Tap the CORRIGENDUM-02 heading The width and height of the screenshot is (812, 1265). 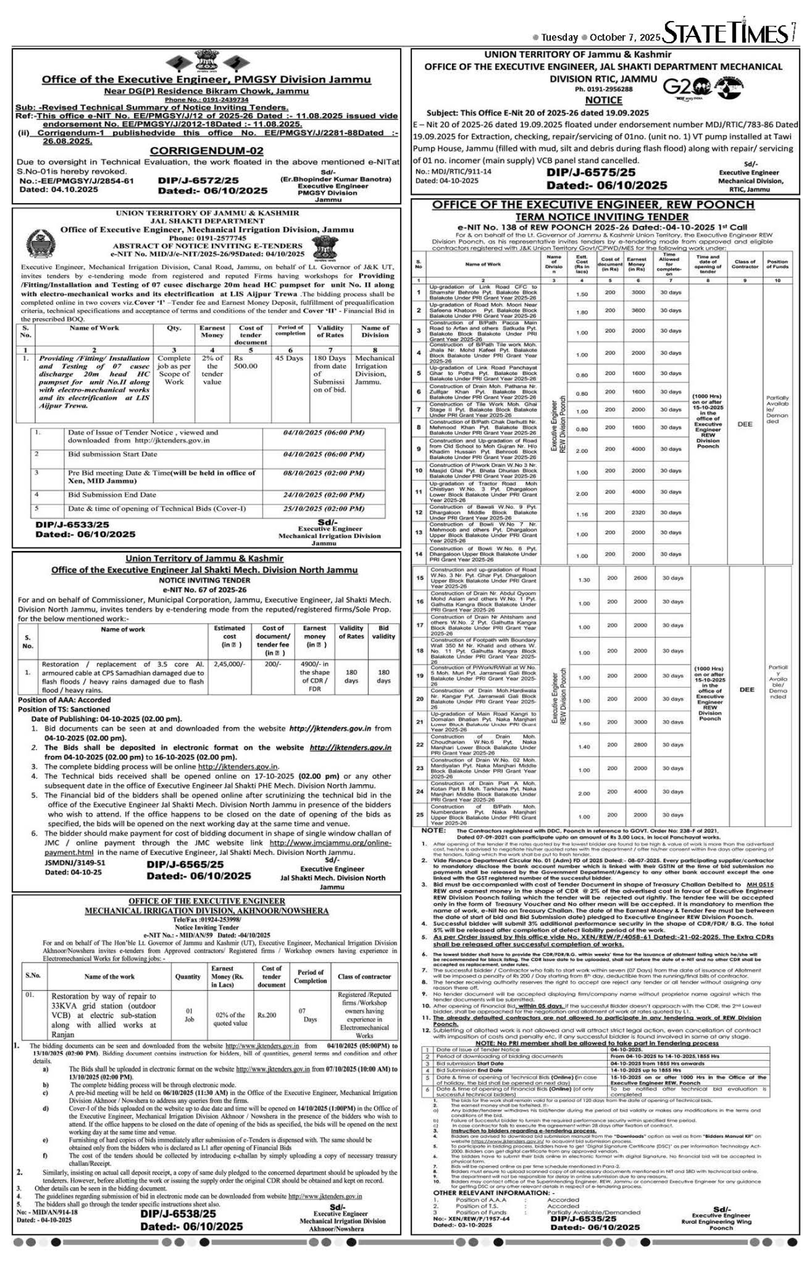[x=205, y=150]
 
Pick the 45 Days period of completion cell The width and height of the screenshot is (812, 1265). [x=289, y=358]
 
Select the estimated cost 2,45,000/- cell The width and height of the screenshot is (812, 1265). [x=229, y=665]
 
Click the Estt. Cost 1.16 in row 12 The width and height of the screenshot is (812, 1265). [x=581, y=514]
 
